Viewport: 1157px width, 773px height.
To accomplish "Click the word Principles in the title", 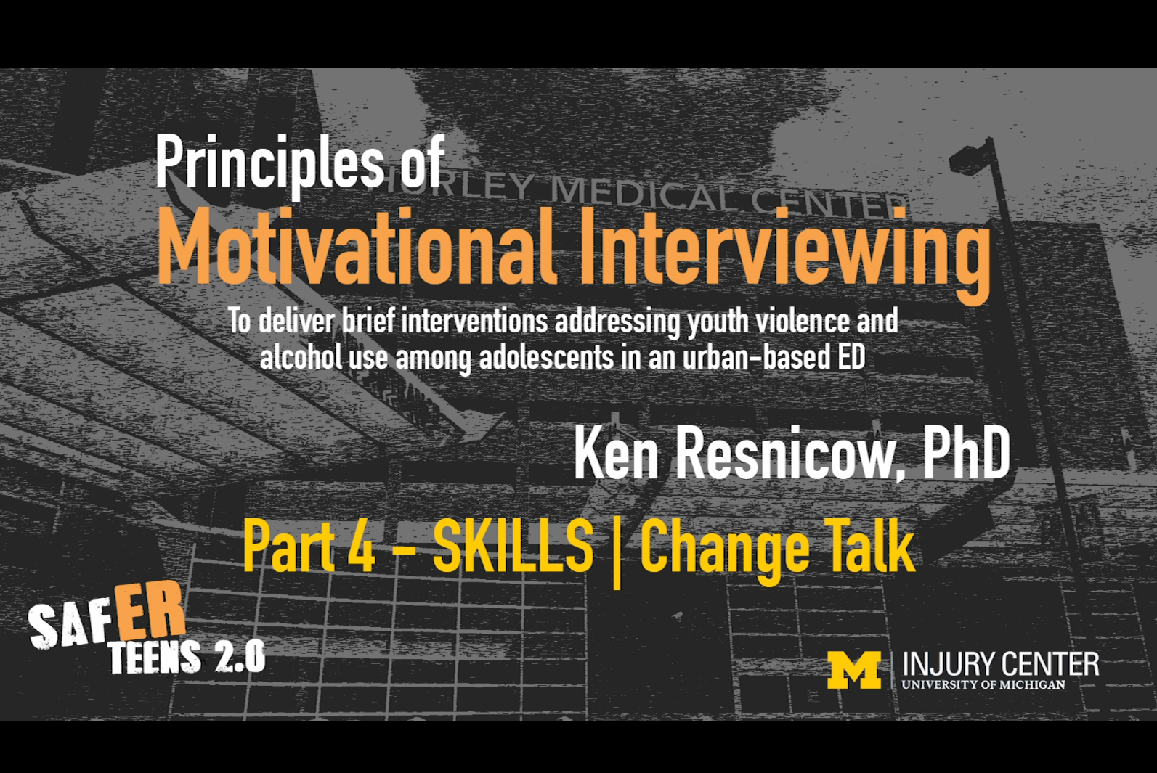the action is pos(269,165).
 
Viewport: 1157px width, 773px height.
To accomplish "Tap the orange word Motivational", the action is pos(357,246).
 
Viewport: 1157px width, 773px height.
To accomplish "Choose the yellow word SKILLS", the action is pos(513,545).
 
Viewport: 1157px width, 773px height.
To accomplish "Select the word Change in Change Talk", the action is pos(725,551).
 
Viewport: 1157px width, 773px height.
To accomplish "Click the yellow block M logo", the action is pos(854,669).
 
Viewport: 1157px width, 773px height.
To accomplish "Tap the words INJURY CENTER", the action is pos(1001,663).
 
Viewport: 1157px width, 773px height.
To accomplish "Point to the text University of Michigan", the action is pos(983,684).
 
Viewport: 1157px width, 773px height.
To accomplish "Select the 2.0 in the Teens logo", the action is pos(240,657).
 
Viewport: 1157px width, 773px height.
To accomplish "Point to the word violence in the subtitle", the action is pos(803,320).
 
